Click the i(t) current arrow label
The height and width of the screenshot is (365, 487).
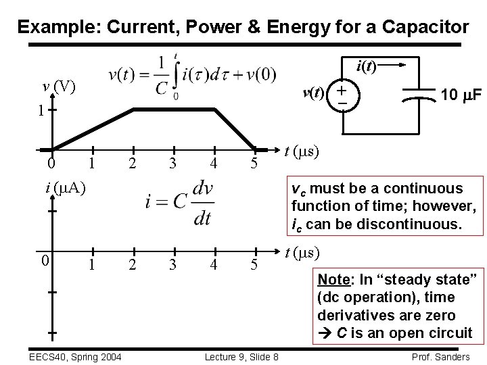coord(368,66)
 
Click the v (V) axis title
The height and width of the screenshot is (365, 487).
coord(59,87)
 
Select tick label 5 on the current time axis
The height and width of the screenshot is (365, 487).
coord(254,266)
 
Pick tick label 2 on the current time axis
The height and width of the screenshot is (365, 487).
coord(132,266)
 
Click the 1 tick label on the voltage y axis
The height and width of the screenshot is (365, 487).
coord(41,109)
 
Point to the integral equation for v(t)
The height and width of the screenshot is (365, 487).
coord(193,76)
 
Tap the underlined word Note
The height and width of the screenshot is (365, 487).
coord(333,278)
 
